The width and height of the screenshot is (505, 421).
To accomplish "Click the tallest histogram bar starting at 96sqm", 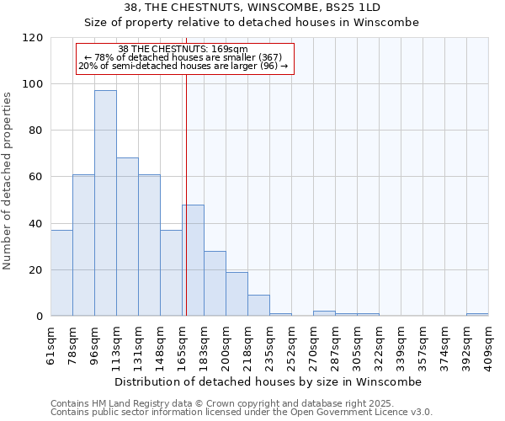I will coord(105,203).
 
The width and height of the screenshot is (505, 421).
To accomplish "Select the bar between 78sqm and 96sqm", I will coord(83,245).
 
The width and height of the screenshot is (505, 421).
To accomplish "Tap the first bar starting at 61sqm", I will coord(61,273).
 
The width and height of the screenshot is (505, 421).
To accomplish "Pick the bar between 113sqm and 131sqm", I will coord(127,237).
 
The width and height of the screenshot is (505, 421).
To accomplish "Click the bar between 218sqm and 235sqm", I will coord(258,306).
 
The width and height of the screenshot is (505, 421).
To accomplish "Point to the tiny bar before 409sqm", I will coord(477,315).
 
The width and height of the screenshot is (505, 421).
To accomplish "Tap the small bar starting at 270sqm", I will coord(324,314).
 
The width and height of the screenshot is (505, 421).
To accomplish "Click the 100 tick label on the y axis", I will coord(33,84).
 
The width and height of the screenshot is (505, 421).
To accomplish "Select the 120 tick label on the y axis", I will coord(33,38).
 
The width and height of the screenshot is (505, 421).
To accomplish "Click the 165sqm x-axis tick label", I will coord(182,344).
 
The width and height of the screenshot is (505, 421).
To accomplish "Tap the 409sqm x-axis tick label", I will coord(488,344).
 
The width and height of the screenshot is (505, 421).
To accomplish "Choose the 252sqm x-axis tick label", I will coord(291,344).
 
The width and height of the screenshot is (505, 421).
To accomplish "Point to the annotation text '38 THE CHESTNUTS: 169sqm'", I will coord(183,49).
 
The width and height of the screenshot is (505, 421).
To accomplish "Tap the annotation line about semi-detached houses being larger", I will coord(183,66).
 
